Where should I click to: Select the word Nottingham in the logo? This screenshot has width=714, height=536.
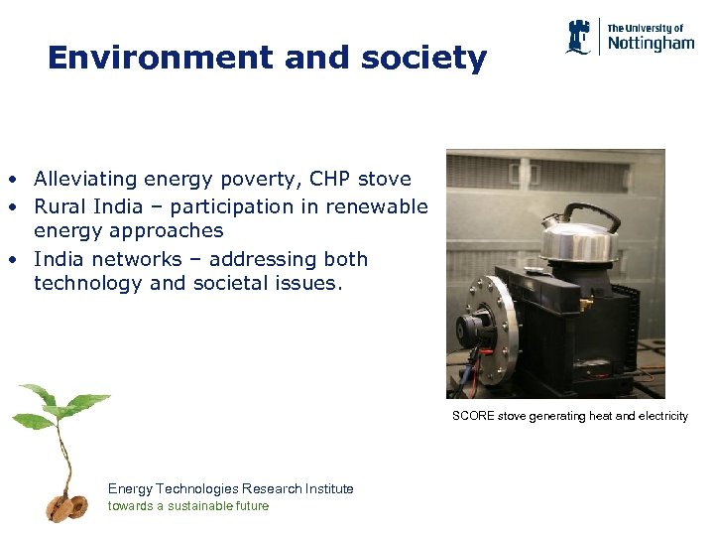pos(651,44)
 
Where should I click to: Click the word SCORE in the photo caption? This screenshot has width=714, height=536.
pos(472,416)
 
